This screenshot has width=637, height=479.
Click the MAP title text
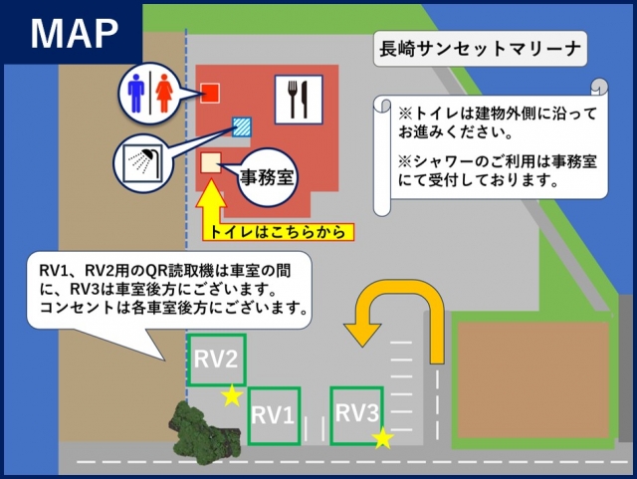coord(75,34)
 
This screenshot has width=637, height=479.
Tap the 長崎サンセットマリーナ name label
coord(480,49)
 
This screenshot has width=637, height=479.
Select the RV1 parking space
coord(275,415)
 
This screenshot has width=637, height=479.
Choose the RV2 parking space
coord(217,359)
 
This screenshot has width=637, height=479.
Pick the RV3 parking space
coord(356,415)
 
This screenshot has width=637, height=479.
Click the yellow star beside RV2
coord(232,395)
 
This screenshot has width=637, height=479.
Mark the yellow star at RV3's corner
coord(382,438)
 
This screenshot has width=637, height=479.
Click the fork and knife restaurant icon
coord(299,100)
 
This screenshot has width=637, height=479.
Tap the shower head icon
coord(143,163)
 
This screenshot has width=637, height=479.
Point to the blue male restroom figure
coord(136,94)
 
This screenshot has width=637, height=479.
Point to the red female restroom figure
coord(164,94)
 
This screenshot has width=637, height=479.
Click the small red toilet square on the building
coord(210,94)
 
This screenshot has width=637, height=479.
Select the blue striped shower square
coord(242,126)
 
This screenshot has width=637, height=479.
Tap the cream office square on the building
coord(211,163)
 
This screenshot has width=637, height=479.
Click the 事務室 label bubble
coord(266,177)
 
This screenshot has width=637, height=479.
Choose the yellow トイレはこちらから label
coord(279,232)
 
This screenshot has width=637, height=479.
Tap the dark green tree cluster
coord(204,432)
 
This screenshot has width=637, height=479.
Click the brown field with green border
coord(533,380)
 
